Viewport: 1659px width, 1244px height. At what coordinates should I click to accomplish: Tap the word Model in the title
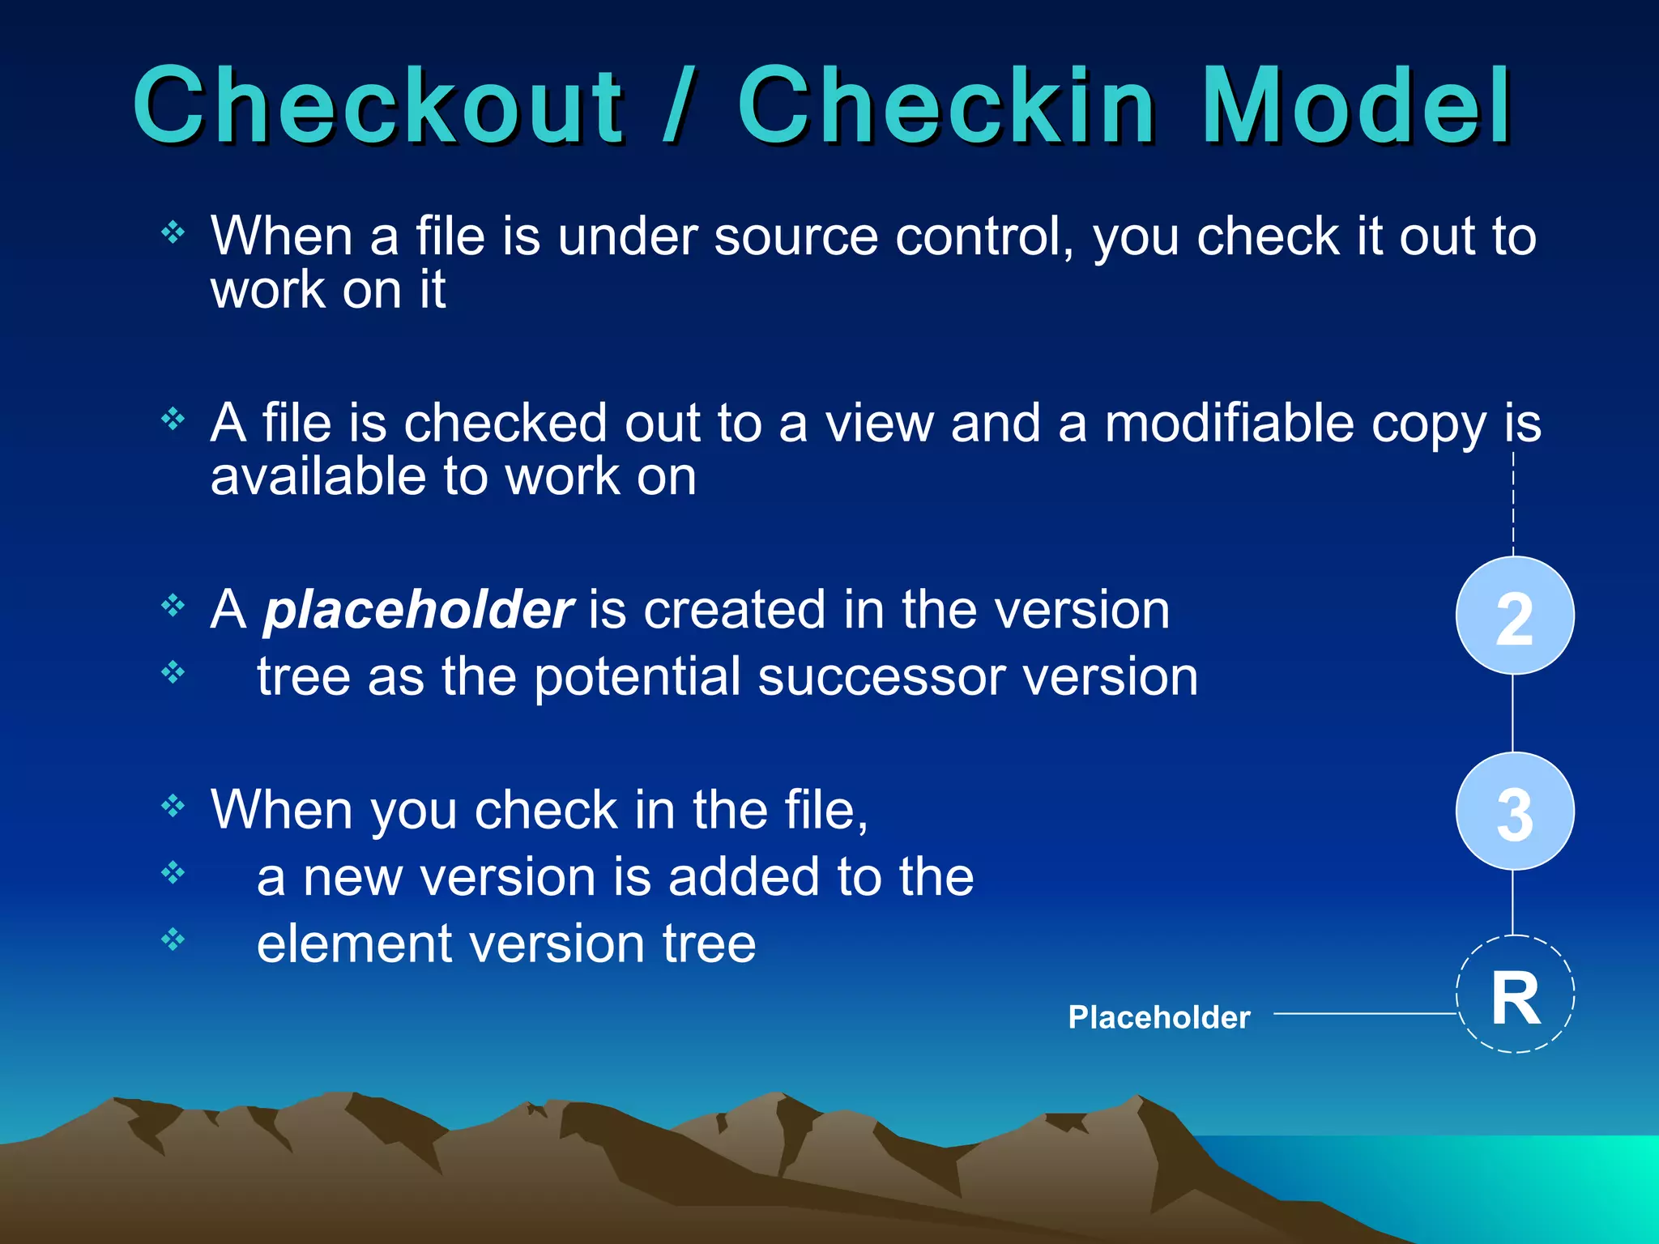click(1356, 105)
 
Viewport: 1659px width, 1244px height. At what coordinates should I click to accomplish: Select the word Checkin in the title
click(946, 105)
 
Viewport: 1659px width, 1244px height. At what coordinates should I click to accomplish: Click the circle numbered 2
click(1515, 616)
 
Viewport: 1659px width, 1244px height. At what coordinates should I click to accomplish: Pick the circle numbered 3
click(1515, 812)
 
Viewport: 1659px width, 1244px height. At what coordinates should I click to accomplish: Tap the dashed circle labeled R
click(1515, 995)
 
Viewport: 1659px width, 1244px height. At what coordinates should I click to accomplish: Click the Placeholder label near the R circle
click(1158, 1017)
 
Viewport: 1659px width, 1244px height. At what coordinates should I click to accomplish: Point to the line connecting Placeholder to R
click(1365, 1013)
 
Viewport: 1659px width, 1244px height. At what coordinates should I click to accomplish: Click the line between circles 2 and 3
click(1513, 713)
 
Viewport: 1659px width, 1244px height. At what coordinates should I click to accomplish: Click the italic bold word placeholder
click(418, 610)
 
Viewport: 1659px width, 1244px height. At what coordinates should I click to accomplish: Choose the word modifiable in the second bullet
click(1229, 423)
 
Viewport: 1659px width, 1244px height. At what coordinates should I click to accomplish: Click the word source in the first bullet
click(796, 236)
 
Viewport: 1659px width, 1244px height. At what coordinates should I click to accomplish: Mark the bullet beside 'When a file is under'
click(173, 234)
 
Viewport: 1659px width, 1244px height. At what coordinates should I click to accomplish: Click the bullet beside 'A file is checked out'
click(173, 420)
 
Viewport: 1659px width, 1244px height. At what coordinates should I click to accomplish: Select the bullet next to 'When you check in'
click(173, 806)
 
